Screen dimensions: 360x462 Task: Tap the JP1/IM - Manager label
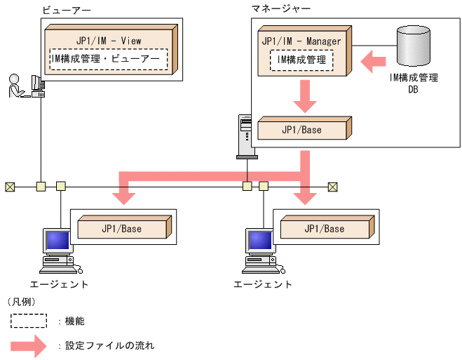tap(301, 41)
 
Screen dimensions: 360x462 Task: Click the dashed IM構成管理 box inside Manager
tap(302, 60)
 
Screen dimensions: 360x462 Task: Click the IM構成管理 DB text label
tap(413, 84)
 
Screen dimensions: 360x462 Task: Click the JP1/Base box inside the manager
tap(301, 130)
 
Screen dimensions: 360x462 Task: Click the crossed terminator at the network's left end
tap(10, 187)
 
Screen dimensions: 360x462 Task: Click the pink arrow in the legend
tap(32, 345)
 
